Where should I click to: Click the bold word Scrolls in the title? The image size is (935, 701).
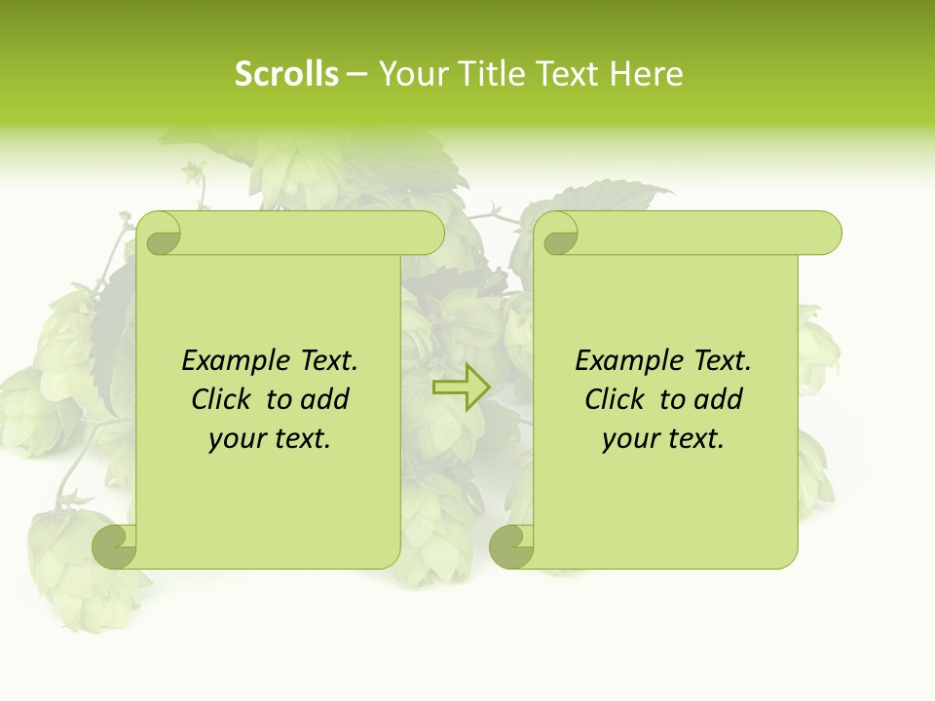(x=286, y=74)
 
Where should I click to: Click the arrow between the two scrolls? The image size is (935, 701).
(x=461, y=387)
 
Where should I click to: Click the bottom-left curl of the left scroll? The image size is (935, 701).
(x=115, y=547)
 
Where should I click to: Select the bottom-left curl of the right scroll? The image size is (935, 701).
(x=511, y=547)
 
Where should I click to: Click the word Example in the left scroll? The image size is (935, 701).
(x=231, y=361)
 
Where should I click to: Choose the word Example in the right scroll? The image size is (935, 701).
(x=624, y=361)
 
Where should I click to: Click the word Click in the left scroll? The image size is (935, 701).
(x=223, y=399)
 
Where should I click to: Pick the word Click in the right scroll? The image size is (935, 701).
(x=616, y=399)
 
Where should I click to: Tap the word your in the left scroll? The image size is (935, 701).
(x=236, y=438)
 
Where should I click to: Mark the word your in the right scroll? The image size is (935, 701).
(x=629, y=438)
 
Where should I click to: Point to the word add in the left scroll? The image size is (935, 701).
(x=324, y=399)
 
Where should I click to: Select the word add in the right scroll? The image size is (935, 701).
(x=718, y=399)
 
